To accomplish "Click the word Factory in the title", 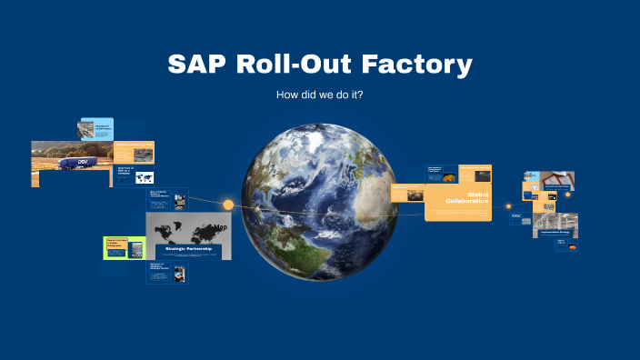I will tap(421, 65).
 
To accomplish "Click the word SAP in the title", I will tap(199, 65).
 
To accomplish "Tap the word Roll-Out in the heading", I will tap(302, 65).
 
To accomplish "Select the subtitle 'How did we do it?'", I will tap(320, 95).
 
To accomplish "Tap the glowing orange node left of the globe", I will tap(228, 205).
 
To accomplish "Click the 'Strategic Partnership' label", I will tap(188, 248).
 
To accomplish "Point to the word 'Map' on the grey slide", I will tap(221, 227).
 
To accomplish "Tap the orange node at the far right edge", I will tap(567, 193).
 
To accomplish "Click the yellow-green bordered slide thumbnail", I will tap(125, 246).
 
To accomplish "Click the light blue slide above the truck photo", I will tap(95, 129).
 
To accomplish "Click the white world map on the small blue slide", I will tap(145, 178).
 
